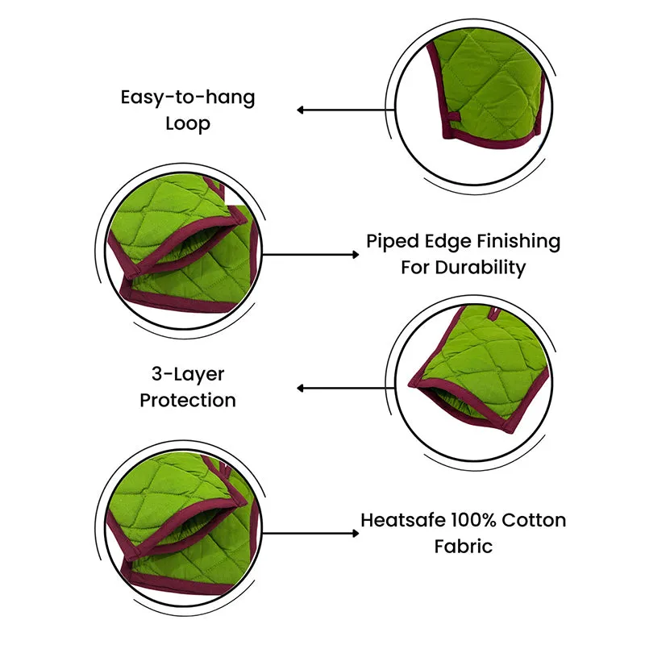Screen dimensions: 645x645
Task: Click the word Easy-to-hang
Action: tap(188, 98)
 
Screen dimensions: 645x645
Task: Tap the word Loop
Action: tap(188, 124)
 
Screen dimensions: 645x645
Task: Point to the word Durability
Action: tap(481, 268)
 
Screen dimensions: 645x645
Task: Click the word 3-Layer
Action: tap(188, 375)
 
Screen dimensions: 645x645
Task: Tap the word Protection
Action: tap(188, 400)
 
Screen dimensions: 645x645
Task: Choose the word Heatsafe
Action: tap(403, 520)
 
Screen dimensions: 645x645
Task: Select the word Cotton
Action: tap(534, 520)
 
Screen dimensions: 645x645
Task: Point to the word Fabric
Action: tap(464, 547)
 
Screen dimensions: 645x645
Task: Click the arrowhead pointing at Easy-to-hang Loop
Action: tap(301, 110)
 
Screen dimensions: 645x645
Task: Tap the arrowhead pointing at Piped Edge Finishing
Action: tap(356, 255)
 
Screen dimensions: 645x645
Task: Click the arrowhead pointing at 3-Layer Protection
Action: tap(301, 388)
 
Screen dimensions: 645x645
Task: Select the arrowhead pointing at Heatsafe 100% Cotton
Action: tap(356, 534)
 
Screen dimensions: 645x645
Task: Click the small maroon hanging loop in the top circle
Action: tap(454, 117)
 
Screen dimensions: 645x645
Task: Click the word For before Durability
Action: tap(415, 268)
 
